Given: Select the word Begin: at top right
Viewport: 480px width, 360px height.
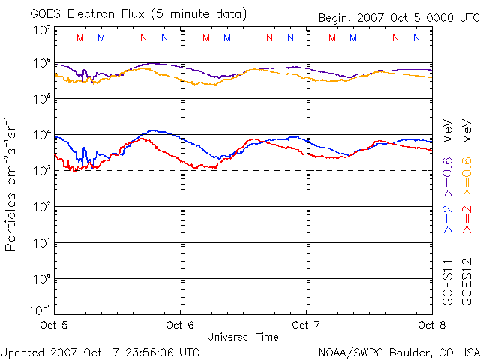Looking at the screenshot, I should click(336, 16).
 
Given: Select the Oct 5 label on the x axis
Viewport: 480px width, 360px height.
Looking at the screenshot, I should click(54, 325).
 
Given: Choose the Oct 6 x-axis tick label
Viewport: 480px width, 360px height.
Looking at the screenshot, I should click(180, 325).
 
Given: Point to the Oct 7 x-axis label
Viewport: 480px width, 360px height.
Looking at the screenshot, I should click(306, 325).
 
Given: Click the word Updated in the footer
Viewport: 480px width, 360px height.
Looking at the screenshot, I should click(22, 350).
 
